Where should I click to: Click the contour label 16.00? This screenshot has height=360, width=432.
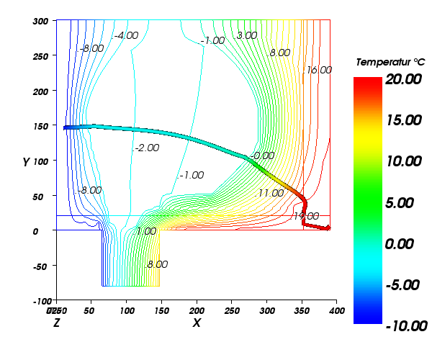pos(319,71)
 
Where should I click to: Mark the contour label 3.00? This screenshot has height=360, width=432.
pos(247,35)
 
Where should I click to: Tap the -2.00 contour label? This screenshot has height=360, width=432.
pos(146,148)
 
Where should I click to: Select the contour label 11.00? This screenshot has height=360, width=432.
pos(271,193)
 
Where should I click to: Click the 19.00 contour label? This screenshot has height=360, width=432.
pos(306,216)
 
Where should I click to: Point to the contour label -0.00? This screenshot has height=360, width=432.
pos(263,156)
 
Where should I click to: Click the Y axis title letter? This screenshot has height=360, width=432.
pos(24,163)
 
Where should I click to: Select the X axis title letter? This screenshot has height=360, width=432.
pos(196,323)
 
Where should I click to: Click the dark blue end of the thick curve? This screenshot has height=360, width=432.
pos(66,127)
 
